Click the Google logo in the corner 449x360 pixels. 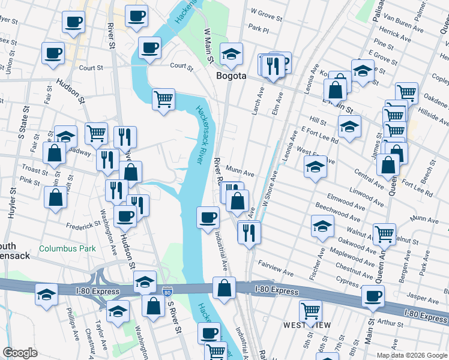pyautogui.click(x=20, y=353)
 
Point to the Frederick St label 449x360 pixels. pyautogui.click(x=83, y=226)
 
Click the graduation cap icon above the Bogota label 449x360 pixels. pyautogui.click(x=231, y=55)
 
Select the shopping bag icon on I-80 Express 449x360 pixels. pyautogui.click(x=224, y=287)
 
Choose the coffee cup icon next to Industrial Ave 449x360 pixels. pyautogui.click(x=208, y=217)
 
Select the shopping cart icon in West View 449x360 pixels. pyautogui.click(x=310, y=310)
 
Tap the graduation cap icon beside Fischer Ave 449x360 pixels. pyautogui.click(x=322, y=227)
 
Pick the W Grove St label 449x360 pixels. pyautogui.click(x=267, y=11)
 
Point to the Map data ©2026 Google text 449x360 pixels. pyautogui.click(x=412, y=355)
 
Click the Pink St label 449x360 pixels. pyautogui.click(x=29, y=180)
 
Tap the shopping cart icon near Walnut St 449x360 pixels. pyautogui.click(x=384, y=235)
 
